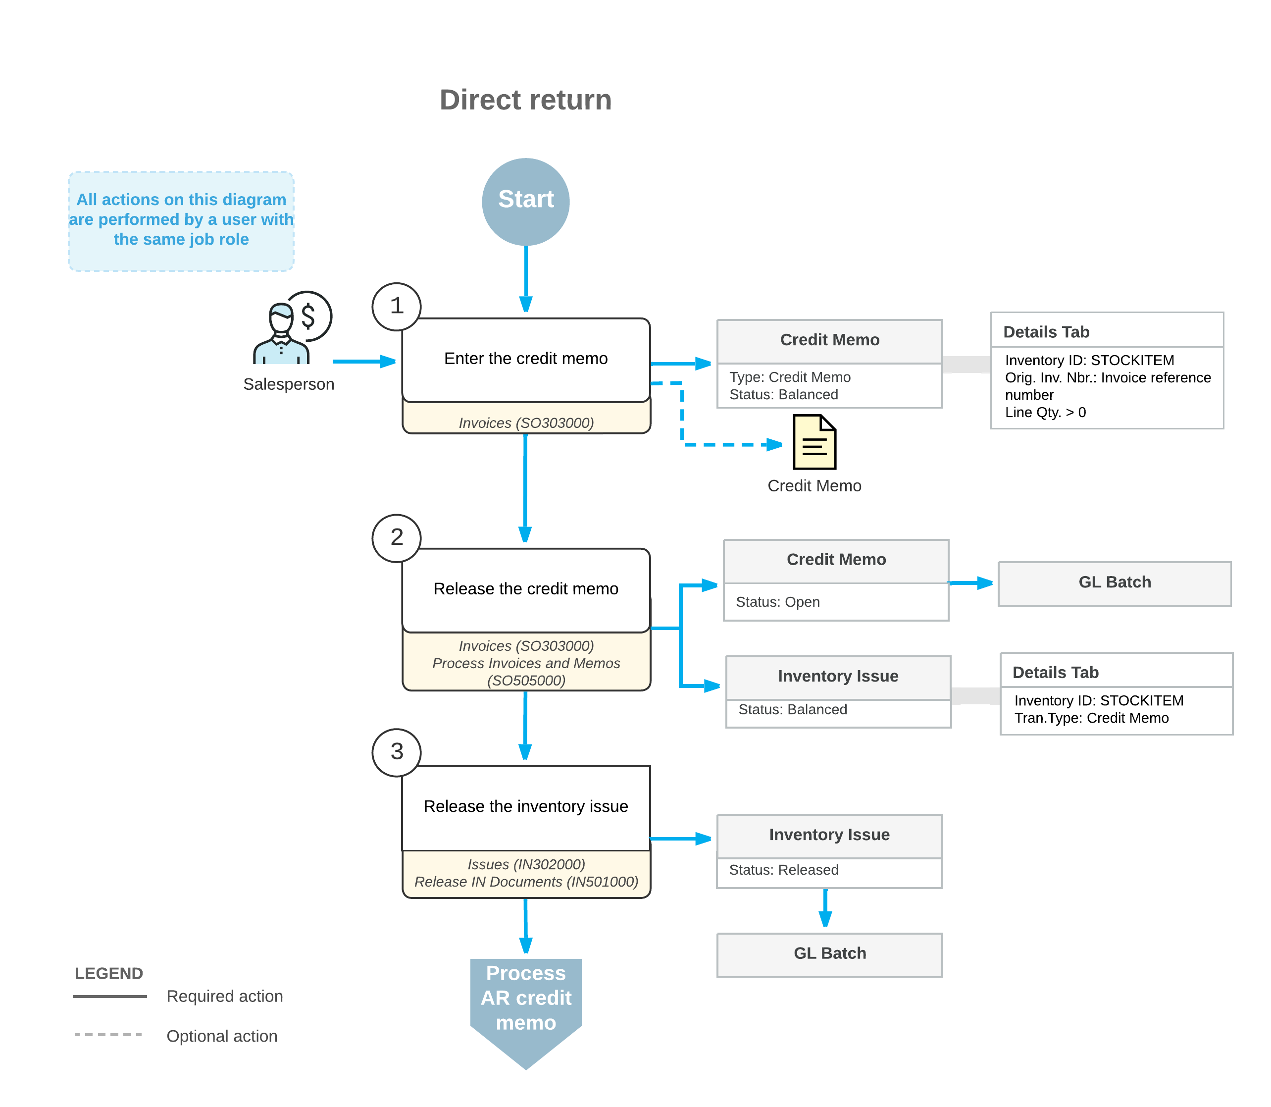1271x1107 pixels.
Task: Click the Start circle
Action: click(525, 202)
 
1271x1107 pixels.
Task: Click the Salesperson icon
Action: click(292, 327)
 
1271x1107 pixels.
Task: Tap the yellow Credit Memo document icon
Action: click(814, 442)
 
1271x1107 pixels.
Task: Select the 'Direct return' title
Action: click(525, 100)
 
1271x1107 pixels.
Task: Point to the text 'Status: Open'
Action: click(777, 602)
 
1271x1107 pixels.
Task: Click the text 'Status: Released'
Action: click(784, 870)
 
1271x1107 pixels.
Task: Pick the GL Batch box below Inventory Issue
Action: click(829, 954)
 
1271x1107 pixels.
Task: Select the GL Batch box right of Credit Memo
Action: click(1115, 583)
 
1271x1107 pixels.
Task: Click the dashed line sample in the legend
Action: click(108, 1035)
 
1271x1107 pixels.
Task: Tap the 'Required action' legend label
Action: click(225, 996)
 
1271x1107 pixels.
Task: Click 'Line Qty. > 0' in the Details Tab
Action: click(1045, 412)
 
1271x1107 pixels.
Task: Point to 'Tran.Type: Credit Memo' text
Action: click(1091, 718)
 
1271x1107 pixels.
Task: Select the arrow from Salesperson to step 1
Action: click(364, 362)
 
